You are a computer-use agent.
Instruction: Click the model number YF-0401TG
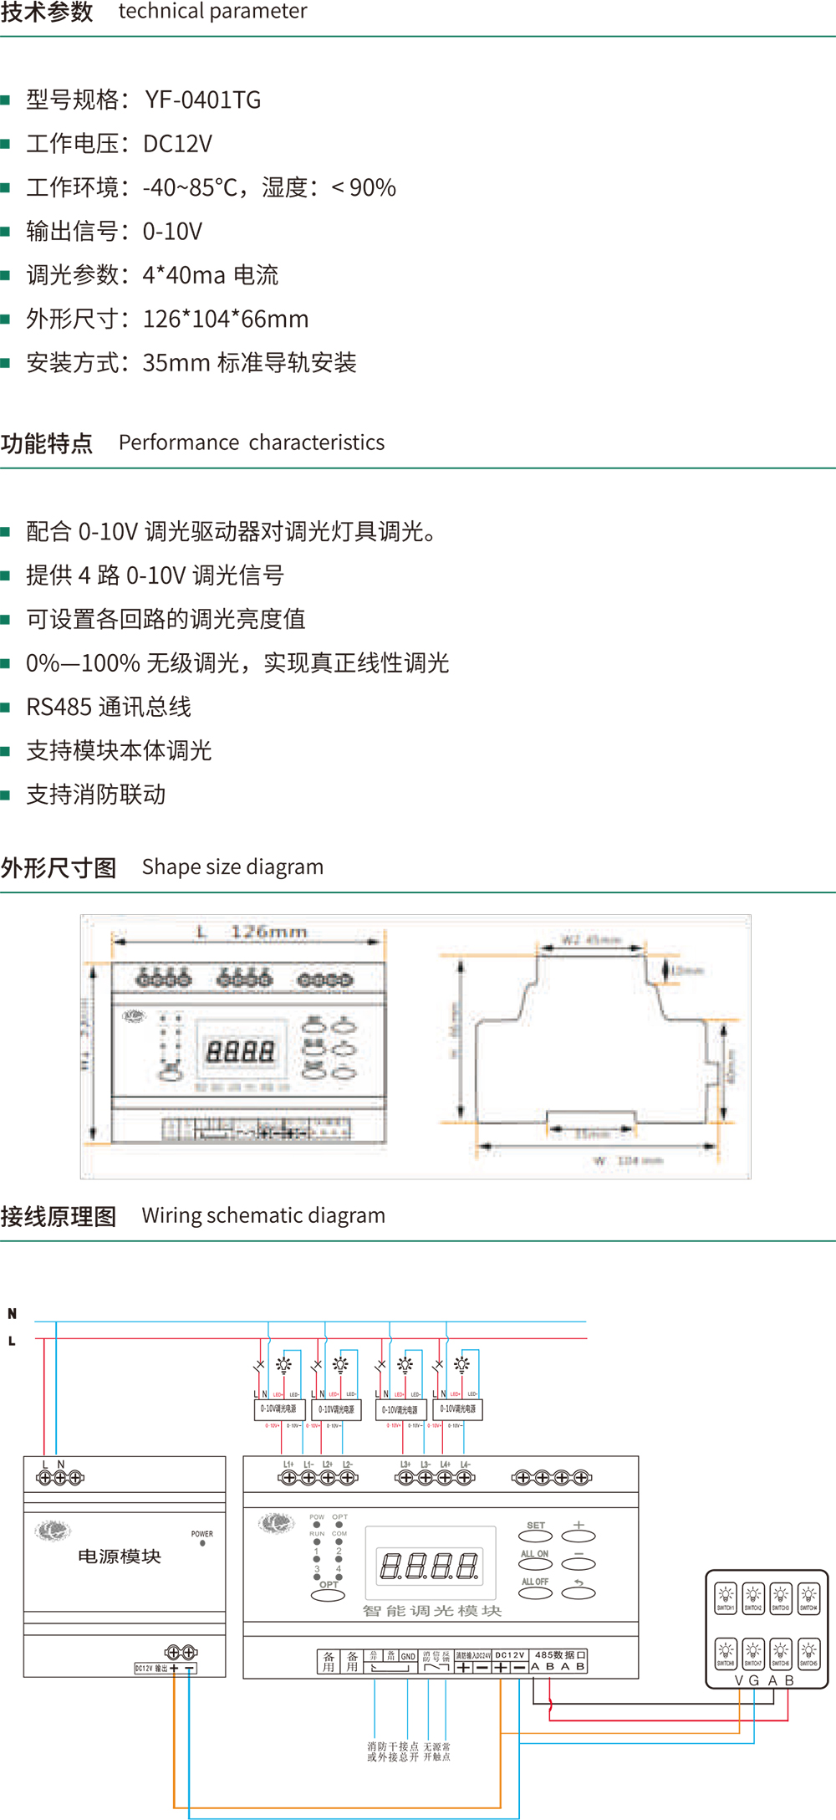(202, 100)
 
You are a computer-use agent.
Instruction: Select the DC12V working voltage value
(177, 144)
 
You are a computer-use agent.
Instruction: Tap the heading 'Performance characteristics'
(252, 442)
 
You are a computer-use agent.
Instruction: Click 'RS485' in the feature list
(59, 708)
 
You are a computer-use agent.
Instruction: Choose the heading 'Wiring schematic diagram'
(263, 1215)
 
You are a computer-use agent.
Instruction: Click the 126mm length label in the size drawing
(268, 932)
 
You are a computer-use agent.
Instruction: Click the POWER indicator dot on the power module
(202, 1544)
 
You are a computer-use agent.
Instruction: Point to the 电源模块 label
(120, 1557)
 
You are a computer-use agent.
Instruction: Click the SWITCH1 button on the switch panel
(726, 1598)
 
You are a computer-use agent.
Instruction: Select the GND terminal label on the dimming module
(408, 1656)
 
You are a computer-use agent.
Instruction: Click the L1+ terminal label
(288, 1465)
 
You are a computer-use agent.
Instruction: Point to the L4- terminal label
(465, 1465)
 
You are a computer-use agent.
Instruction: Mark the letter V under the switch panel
(739, 1680)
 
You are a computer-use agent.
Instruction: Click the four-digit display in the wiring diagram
(430, 1566)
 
